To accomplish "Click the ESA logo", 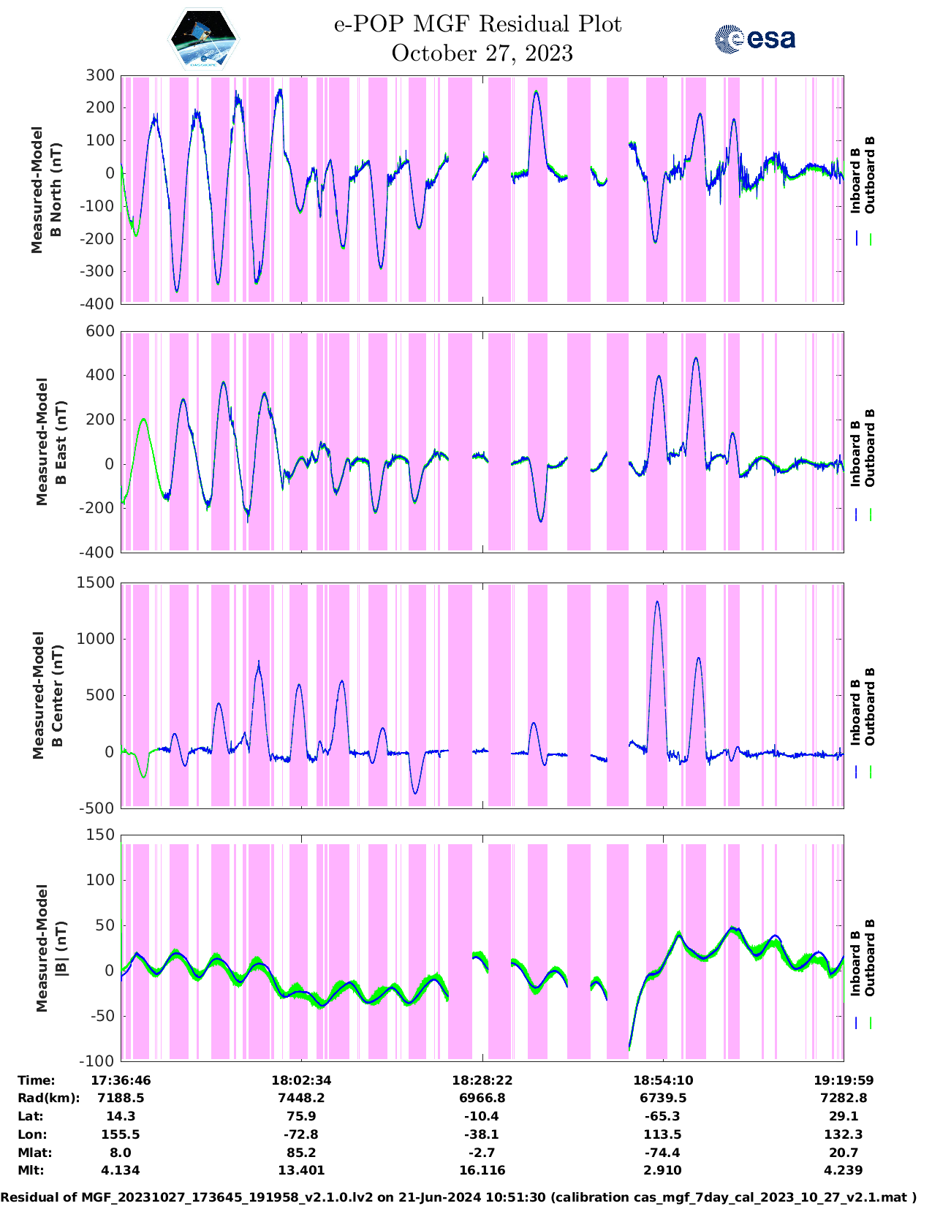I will click(754, 39).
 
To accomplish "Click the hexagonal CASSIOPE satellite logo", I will click(204, 39).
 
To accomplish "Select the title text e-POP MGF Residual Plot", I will click(478, 24).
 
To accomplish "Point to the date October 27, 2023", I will click(482, 53).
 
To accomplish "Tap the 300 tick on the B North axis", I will click(100, 75).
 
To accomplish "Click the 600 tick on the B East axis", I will click(100, 331).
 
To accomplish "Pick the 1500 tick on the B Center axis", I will click(96, 583).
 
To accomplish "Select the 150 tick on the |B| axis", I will click(100, 835).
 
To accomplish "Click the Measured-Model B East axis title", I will click(51, 441).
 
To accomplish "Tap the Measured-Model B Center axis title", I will click(48, 695).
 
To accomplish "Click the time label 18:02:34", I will click(301, 1080).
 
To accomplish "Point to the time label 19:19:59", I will click(844, 1080).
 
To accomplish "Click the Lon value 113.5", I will click(662, 1134).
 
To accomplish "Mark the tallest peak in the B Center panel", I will click(656, 602).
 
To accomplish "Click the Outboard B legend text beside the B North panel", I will click(870, 175).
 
